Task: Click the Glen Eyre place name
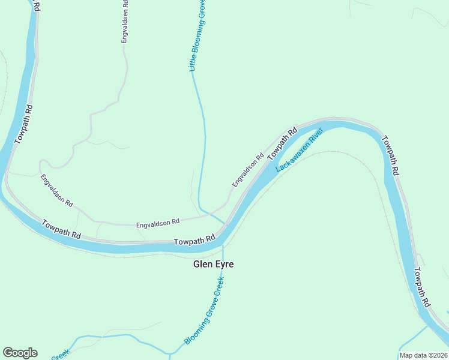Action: [x=213, y=264]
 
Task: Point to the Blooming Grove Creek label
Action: [x=204, y=311]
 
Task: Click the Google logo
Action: [x=20, y=353]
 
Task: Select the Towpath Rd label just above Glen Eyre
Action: [x=194, y=240]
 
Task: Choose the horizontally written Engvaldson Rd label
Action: [x=158, y=222]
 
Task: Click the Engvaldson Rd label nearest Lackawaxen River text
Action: [x=248, y=170]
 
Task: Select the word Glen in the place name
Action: [x=202, y=264]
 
